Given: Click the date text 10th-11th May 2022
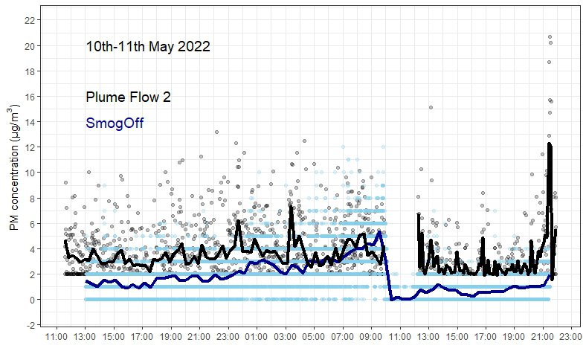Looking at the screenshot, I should coord(148,47).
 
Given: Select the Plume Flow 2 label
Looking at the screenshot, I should coord(129,97).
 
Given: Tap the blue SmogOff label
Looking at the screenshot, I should coord(115,123).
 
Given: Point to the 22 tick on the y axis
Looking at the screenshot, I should coord(29,20).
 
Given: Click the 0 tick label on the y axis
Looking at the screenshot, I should coord(30,300).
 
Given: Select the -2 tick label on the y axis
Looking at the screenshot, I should coord(29,325).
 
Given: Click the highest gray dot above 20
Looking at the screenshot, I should coord(550,36).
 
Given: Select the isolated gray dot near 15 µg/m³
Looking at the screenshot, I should coord(431,108).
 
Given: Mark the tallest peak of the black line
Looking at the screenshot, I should coord(549,144).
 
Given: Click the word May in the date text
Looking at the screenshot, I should coord(160,47).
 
